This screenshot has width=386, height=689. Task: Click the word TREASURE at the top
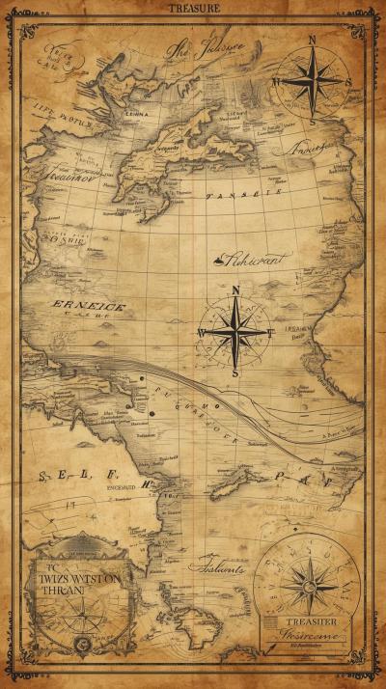[194, 8]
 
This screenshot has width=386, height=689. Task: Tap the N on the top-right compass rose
[312, 40]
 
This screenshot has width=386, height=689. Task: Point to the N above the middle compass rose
[235, 290]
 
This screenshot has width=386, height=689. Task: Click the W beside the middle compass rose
[201, 333]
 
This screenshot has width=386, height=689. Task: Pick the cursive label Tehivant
[253, 258]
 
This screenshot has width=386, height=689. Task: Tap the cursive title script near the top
[205, 48]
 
